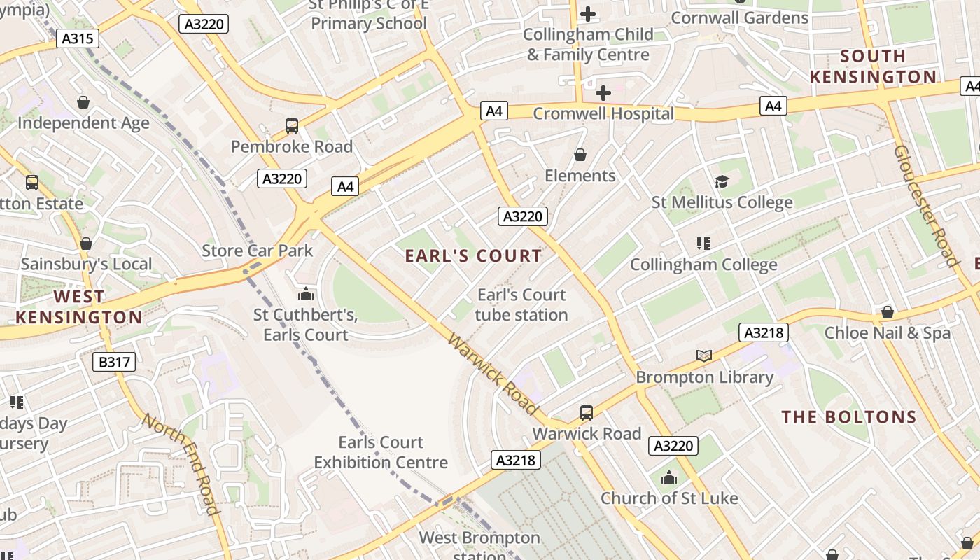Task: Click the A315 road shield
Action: [78, 38]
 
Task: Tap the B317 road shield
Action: [114, 362]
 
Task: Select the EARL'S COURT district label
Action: [474, 256]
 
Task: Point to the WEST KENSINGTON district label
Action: [78, 307]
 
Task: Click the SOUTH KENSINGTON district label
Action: [873, 66]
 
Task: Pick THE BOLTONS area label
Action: [849, 417]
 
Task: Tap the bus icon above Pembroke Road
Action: [292, 126]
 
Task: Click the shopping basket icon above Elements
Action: [580, 155]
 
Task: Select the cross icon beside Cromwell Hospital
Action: [603, 92]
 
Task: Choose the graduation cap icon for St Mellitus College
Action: [722, 182]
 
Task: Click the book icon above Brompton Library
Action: [704, 356]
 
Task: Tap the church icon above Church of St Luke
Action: [669, 477]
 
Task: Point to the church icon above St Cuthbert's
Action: [305, 294]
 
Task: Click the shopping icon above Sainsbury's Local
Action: [86, 244]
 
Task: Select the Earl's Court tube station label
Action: [521, 304]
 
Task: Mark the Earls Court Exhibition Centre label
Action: [381, 452]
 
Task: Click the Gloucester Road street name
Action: [925, 206]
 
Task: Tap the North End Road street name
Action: [182, 472]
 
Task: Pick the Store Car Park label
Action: [258, 251]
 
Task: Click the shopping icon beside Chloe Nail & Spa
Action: [888, 312]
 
